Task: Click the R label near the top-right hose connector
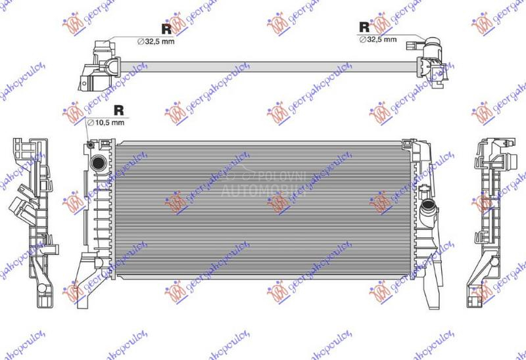click(364, 27)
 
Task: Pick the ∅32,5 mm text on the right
click(378, 39)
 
